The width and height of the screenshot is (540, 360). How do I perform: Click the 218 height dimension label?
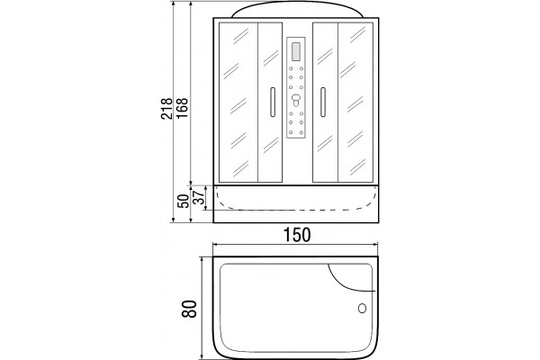166,109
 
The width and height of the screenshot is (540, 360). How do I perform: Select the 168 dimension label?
183,108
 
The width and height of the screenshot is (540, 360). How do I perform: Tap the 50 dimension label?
184,202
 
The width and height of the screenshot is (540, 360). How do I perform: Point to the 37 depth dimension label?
198,198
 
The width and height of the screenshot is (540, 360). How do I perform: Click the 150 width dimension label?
297,235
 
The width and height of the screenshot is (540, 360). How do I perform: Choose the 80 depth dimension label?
189,309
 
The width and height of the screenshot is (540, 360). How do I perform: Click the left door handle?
273,103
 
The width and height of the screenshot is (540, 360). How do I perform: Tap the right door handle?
323,103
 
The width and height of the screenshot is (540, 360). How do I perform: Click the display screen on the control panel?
296,51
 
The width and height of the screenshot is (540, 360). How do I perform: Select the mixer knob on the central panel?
296,100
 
